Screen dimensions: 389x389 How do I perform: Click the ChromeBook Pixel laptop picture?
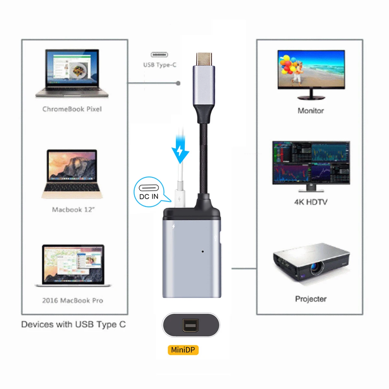tap(72, 73)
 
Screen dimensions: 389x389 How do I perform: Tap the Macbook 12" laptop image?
tap(72, 173)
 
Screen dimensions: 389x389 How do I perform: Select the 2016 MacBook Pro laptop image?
tap(73, 265)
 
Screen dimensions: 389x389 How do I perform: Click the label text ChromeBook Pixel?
tap(72, 109)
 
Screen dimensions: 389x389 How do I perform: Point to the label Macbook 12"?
tap(73, 210)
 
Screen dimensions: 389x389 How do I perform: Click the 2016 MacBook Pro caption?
tap(73, 301)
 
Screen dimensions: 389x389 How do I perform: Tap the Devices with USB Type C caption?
tap(73, 324)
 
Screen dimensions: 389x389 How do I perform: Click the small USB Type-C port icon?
tap(159, 55)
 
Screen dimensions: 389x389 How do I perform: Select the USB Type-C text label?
tap(160, 65)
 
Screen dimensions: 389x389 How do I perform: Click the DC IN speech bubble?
tap(149, 192)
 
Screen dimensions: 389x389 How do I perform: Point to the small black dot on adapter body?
tap(203, 251)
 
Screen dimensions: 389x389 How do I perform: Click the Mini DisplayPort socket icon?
tap(190, 325)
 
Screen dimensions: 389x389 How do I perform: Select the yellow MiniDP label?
tap(183, 350)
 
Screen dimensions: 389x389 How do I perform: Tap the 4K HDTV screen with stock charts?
tap(311, 162)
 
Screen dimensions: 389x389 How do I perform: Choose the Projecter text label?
tap(311, 299)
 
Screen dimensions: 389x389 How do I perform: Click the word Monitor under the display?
tap(311, 111)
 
